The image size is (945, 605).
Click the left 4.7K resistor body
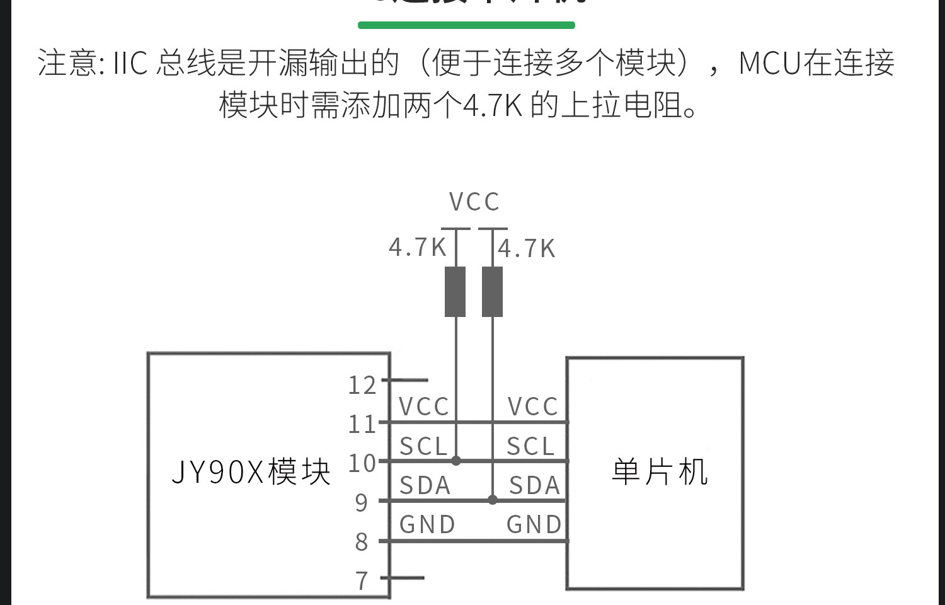pyautogui.click(x=455, y=291)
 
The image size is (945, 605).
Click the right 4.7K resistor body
pyautogui.click(x=492, y=291)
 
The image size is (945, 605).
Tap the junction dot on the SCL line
pyautogui.click(x=456, y=461)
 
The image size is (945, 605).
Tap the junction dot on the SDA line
pyautogui.click(x=493, y=500)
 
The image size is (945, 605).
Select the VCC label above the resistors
pyautogui.click(x=474, y=202)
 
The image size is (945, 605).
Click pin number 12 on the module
pyautogui.click(x=362, y=385)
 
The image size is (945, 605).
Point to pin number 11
pyautogui.click(x=362, y=424)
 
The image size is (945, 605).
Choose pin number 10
pyautogui.click(x=362, y=463)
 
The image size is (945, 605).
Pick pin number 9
pyautogui.click(x=361, y=502)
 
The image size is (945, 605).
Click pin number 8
pyautogui.click(x=361, y=541)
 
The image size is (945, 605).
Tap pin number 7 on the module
pyautogui.click(x=361, y=580)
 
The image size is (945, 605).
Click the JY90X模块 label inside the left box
pyautogui.click(x=251, y=471)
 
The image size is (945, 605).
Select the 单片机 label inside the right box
pyautogui.click(x=659, y=471)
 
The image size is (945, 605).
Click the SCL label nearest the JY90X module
pyautogui.click(x=423, y=447)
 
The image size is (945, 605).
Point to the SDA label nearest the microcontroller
pyautogui.click(x=534, y=486)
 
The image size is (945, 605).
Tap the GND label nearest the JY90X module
pyautogui.click(x=427, y=524)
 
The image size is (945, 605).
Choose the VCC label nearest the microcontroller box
pyautogui.click(x=533, y=407)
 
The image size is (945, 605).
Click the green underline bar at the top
pyautogui.click(x=466, y=25)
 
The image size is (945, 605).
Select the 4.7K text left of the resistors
pyautogui.click(x=417, y=248)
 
